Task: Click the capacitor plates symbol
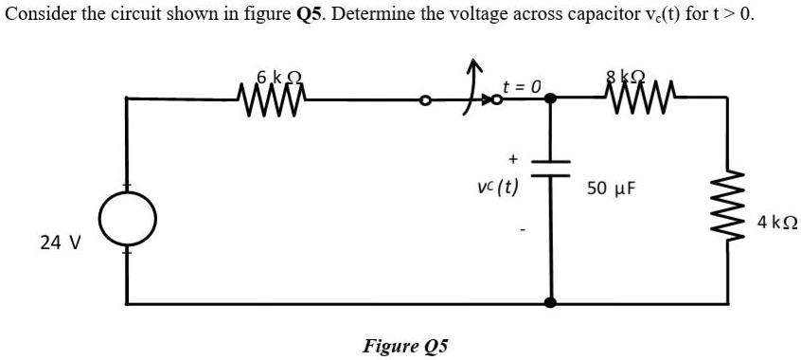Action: tap(549, 167)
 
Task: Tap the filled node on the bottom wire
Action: tap(549, 303)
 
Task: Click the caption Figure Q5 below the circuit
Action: tap(405, 345)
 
